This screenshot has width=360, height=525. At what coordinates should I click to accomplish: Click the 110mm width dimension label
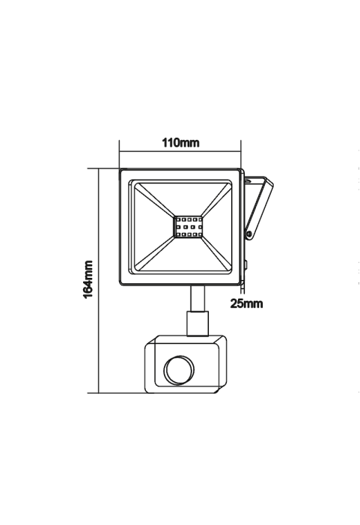click(x=180, y=142)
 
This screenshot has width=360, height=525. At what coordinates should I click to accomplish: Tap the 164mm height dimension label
click(x=88, y=279)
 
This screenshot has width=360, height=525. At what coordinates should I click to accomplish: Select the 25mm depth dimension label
click(x=246, y=303)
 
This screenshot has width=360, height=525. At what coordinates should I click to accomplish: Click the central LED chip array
click(x=188, y=227)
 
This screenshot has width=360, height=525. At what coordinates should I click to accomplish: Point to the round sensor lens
click(x=180, y=370)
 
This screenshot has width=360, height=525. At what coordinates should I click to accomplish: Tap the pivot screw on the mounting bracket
click(x=249, y=234)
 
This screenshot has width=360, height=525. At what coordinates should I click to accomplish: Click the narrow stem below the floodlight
click(x=198, y=299)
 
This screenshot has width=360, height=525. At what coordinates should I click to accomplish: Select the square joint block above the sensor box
click(x=198, y=324)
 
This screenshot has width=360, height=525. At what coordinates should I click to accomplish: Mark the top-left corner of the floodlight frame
click(x=120, y=169)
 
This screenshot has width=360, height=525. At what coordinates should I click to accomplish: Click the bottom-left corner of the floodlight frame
click(x=120, y=285)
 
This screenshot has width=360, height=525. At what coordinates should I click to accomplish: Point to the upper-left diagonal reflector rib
click(x=155, y=201)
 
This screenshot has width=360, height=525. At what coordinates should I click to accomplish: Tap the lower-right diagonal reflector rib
click(x=216, y=254)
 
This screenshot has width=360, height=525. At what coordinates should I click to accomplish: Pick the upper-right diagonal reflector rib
click(x=216, y=201)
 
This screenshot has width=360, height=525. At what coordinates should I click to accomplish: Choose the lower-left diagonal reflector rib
click(x=155, y=254)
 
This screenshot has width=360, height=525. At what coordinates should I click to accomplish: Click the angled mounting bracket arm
click(x=260, y=207)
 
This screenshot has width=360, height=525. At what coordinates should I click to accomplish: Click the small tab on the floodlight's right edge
click(x=246, y=265)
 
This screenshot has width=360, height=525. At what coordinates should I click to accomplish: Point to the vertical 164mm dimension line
click(x=99, y=281)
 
